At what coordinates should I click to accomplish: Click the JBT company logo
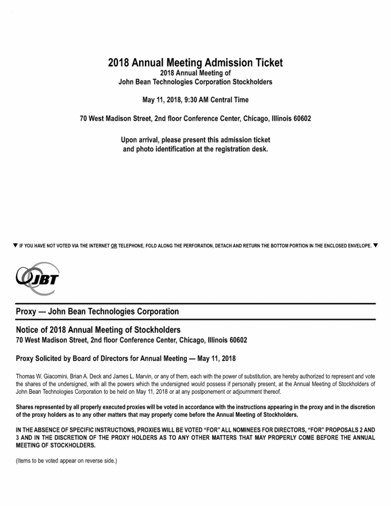[38, 279]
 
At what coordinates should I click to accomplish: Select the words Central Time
[229, 100]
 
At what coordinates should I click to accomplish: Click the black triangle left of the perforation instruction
[15, 246]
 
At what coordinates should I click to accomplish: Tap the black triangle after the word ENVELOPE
[375, 246]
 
